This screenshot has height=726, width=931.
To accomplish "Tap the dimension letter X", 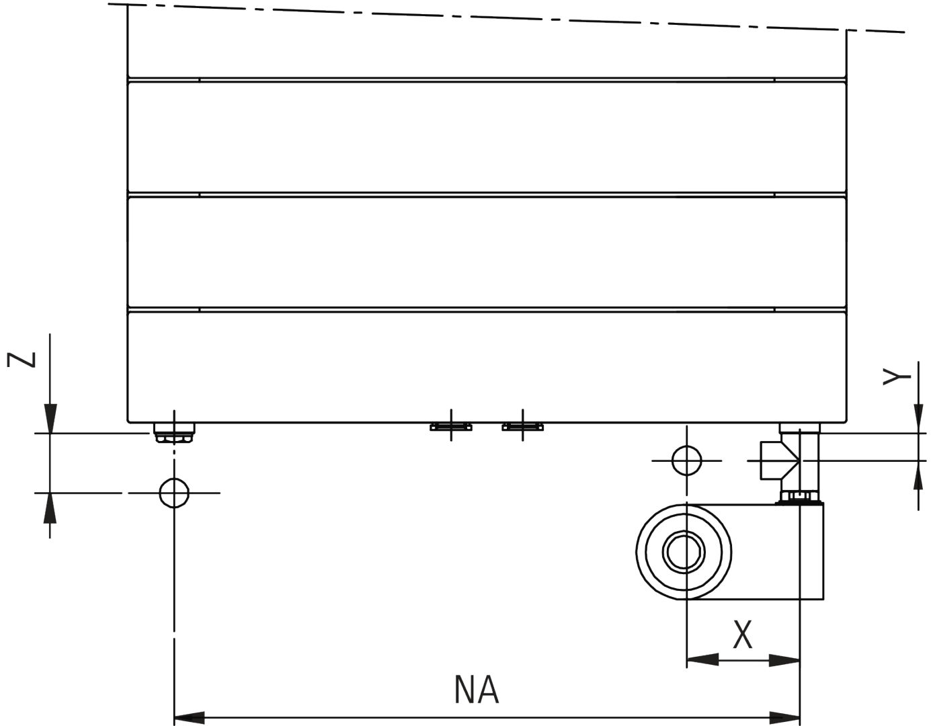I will (x=742, y=635).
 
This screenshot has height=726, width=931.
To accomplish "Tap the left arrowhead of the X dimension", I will (x=701, y=660).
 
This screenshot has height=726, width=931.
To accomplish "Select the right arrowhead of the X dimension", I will (x=785, y=660).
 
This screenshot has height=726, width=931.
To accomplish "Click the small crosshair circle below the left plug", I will (x=174, y=493).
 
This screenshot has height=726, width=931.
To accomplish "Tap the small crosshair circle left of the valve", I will (x=686, y=460).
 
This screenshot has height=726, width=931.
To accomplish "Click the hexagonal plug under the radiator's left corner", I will (x=174, y=432).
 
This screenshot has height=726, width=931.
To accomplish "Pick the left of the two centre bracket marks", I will (x=450, y=426).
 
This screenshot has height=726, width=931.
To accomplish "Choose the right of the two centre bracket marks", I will (x=523, y=426).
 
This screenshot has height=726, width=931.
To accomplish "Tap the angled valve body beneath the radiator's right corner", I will (x=791, y=460).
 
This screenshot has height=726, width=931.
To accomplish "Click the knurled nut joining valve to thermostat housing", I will (x=799, y=498).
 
